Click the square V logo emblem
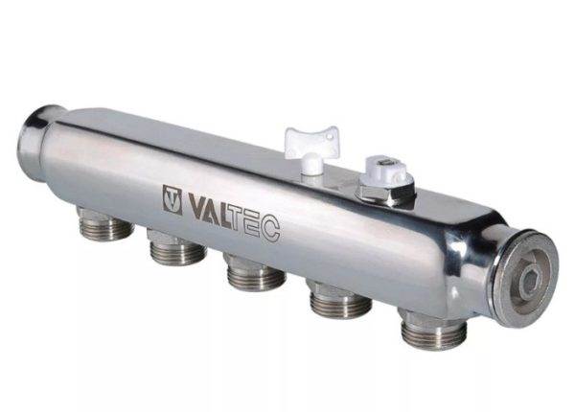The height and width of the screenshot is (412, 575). (172, 199)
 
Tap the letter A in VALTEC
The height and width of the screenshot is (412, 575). (214, 211)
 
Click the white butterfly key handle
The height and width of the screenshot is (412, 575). (311, 142)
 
